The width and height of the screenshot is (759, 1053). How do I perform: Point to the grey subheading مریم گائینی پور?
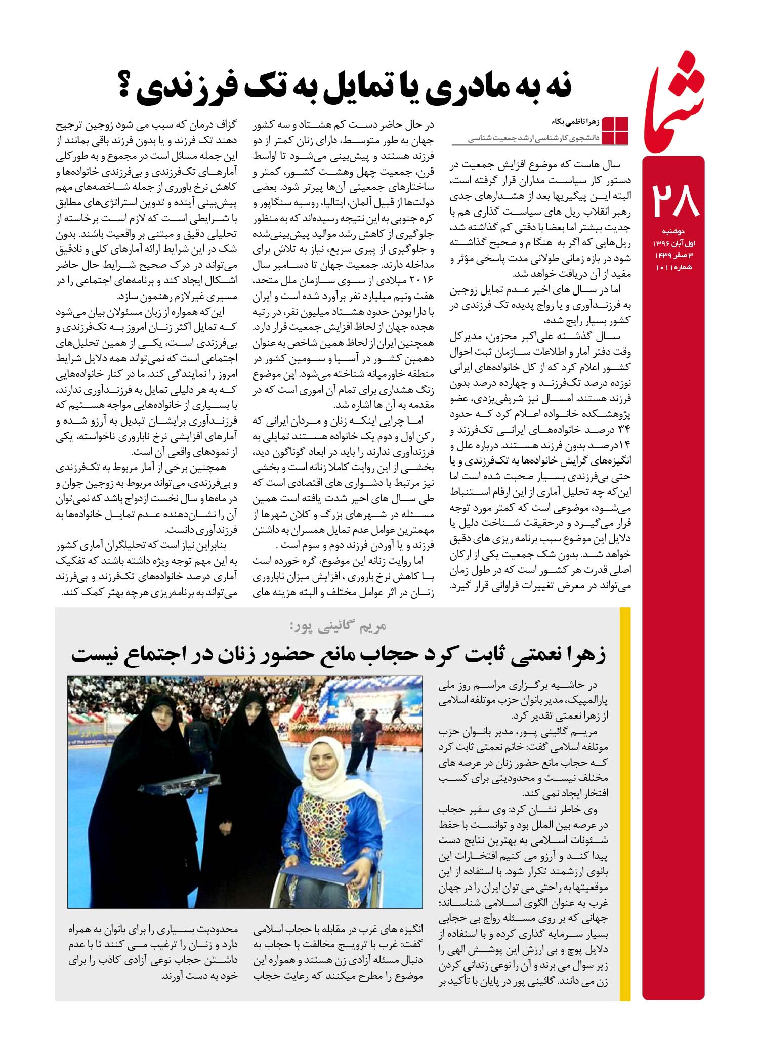tap(338, 625)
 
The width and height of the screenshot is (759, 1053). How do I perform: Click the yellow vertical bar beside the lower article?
tap(625, 805)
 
